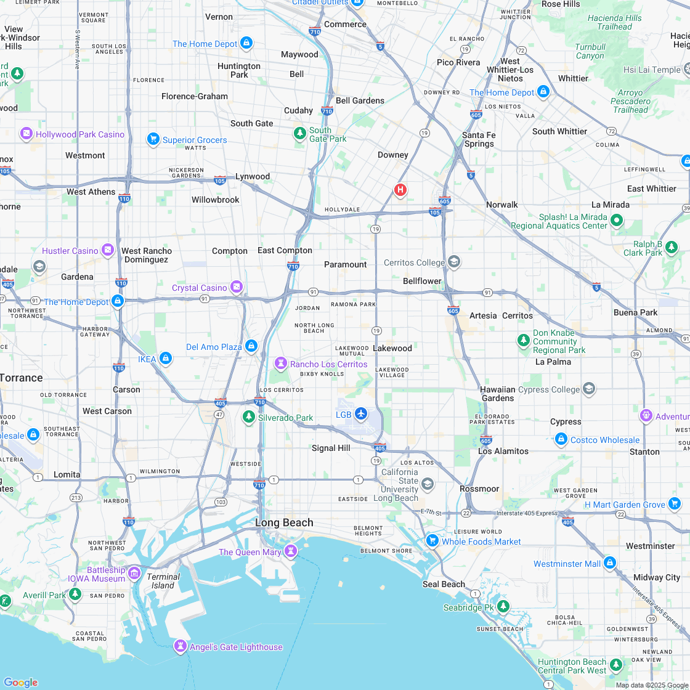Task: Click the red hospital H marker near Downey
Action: click(400, 189)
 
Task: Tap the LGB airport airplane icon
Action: click(361, 413)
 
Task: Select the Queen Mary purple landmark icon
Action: click(291, 550)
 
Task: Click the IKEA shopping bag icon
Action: click(165, 359)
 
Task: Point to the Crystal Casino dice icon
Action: click(236, 287)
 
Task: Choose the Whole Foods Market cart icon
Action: click(432, 540)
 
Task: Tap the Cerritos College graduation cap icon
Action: click(454, 262)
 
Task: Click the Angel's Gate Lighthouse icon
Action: click(181, 646)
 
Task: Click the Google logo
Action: click(20, 682)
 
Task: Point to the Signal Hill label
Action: click(331, 448)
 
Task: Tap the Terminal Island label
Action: click(163, 581)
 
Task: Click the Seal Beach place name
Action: click(444, 584)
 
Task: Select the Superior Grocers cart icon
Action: click(153, 139)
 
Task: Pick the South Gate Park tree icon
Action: click(300, 133)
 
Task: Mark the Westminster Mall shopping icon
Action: click(610, 562)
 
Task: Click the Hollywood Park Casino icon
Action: click(26, 133)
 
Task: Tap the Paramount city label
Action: click(345, 264)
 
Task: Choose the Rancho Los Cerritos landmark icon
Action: click(281, 363)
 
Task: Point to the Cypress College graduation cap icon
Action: click(589, 389)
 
